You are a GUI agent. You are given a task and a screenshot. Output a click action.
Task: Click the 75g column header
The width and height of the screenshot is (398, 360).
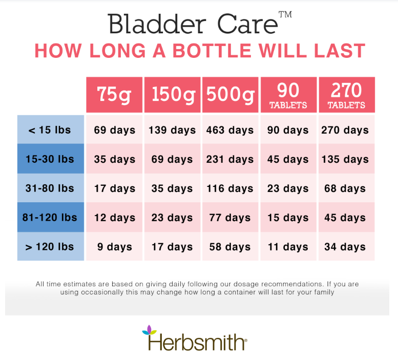tap(114, 95)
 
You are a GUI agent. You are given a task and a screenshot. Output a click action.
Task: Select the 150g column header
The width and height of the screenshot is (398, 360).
tap(172, 95)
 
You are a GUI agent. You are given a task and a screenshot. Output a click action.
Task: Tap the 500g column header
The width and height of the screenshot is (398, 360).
tap(230, 95)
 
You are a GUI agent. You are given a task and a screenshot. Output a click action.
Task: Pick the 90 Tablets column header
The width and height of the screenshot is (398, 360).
tap(288, 95)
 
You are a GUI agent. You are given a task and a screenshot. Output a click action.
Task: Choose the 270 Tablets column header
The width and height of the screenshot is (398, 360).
tap(347, 95)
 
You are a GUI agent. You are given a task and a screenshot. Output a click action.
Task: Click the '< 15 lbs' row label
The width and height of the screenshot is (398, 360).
tap(51, 130)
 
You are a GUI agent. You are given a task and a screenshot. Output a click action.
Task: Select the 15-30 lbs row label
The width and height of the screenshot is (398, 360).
tap(51, 159)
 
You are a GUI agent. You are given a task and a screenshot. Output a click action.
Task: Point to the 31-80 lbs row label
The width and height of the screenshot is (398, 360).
tap(51, 188)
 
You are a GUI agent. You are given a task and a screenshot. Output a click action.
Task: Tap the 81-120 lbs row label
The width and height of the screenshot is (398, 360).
tap(51, 217)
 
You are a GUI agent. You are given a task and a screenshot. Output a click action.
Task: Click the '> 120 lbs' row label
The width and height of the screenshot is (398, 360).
tap(51, 246)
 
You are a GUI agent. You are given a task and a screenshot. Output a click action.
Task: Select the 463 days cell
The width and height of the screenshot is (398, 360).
tap(230, 130)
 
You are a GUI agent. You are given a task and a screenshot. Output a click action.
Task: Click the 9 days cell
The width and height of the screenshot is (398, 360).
tap(114, 246)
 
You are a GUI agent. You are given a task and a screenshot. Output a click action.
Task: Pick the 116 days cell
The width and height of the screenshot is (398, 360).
tap(230, 188)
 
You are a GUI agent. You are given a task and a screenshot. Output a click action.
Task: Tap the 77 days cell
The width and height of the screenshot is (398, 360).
tap(230, 217)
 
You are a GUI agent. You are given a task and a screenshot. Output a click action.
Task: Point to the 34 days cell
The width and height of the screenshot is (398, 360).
tap(347, 246)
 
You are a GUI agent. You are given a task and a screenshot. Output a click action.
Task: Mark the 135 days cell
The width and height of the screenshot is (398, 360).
tap(347, 159)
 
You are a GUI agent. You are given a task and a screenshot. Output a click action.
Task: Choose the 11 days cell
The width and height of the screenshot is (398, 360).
tap(288, 246)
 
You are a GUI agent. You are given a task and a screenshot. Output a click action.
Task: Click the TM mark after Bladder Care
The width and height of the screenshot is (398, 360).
tap(285, 14)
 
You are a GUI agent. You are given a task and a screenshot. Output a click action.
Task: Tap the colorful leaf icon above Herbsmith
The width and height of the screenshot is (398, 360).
tap(149, 330)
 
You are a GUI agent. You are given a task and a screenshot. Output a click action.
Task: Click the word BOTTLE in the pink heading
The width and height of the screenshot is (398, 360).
tap(212, 51)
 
